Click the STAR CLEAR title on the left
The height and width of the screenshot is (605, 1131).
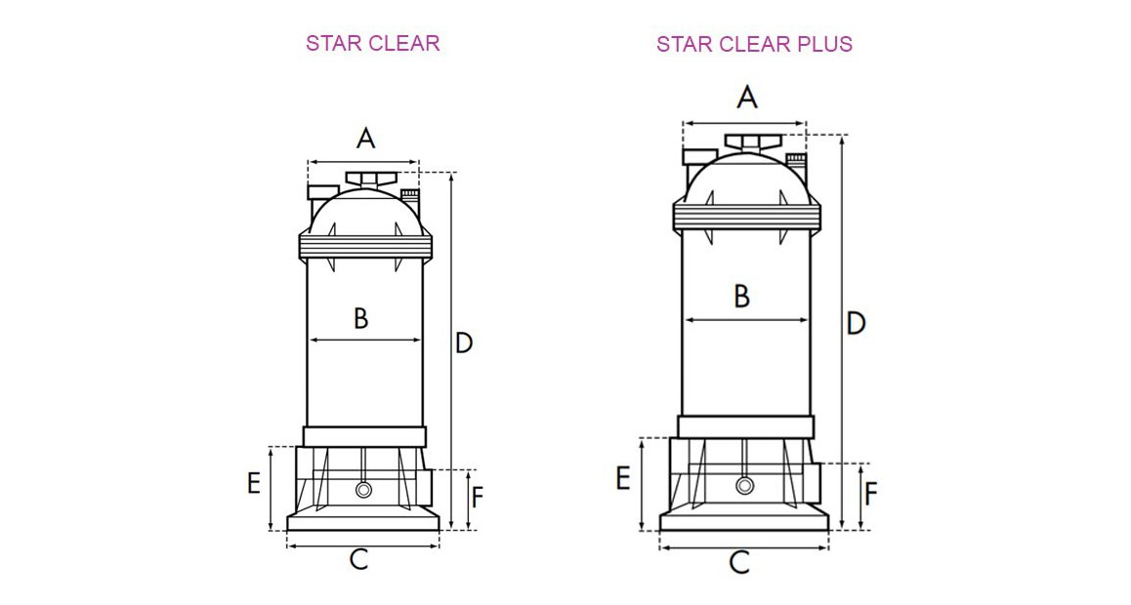[x=372, y=43]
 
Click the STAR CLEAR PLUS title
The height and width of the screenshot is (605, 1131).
[x=754, y=44]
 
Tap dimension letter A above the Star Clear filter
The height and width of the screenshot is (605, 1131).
[x=365, y=138]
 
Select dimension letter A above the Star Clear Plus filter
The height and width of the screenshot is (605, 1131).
[x=747, y=97]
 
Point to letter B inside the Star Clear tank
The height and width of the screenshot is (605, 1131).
[x=360, y=317]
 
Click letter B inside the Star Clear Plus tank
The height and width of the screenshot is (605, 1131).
[x=741, y=296]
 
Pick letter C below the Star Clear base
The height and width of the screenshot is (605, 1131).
[x=359, y=559]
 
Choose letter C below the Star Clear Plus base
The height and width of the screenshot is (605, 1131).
[x=740, y=562]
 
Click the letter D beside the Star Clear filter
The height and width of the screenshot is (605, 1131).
[x=464, y=343]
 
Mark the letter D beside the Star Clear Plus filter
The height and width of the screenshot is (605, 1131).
[x=856, y=323]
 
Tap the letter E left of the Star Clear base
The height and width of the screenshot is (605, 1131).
[x=254, y=482]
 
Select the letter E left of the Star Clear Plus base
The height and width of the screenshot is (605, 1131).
[x=622, y=478]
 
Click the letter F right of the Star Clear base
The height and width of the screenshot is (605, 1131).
[x=477, y=498]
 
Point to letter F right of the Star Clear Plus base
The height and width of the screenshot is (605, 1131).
[x=870, y=494]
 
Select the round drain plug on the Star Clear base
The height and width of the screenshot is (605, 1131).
[x=363, y=490]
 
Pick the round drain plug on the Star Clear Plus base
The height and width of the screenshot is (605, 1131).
[x=745, y=486]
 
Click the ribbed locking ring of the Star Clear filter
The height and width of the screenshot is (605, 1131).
[x=365, y=247]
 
